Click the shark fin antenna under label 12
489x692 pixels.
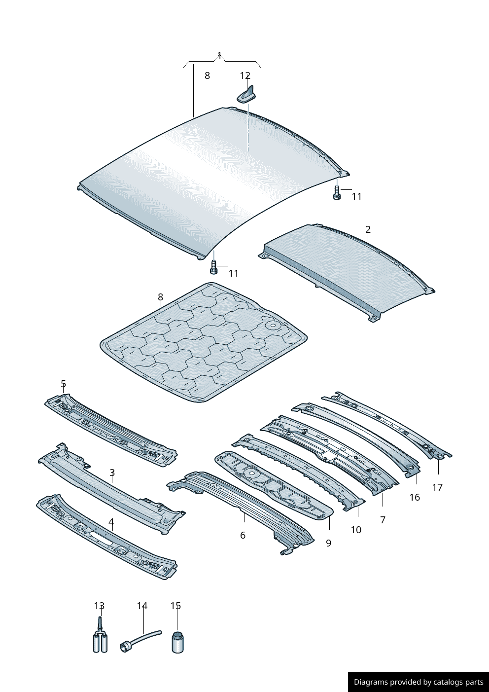click(x=248, y=95)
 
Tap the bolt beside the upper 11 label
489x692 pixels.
click(x=337, y=193)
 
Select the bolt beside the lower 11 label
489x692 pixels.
click(x=213, y=267)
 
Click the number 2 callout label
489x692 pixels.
click(x=368, y=229)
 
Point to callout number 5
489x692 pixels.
click(x=63, y=383)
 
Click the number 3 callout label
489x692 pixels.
click(x=112, y=473)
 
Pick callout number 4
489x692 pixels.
click(x=111, y=521)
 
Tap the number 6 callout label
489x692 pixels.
click(x=243, y=535)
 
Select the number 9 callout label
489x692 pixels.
click(x=328, y=543)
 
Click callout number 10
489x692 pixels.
click(x=356, y=530)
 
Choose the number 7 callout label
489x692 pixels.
click(x=383, y=519)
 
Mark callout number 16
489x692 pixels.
click(x=415, y=497)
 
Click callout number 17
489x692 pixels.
click(x=437, y=487)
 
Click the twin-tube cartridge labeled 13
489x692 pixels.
click(x=100, y=642)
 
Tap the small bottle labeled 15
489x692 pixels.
click(x=177, y=642)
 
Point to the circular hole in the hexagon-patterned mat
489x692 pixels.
click(x=272, y=326)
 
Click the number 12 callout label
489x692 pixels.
click(x=245, y=75)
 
